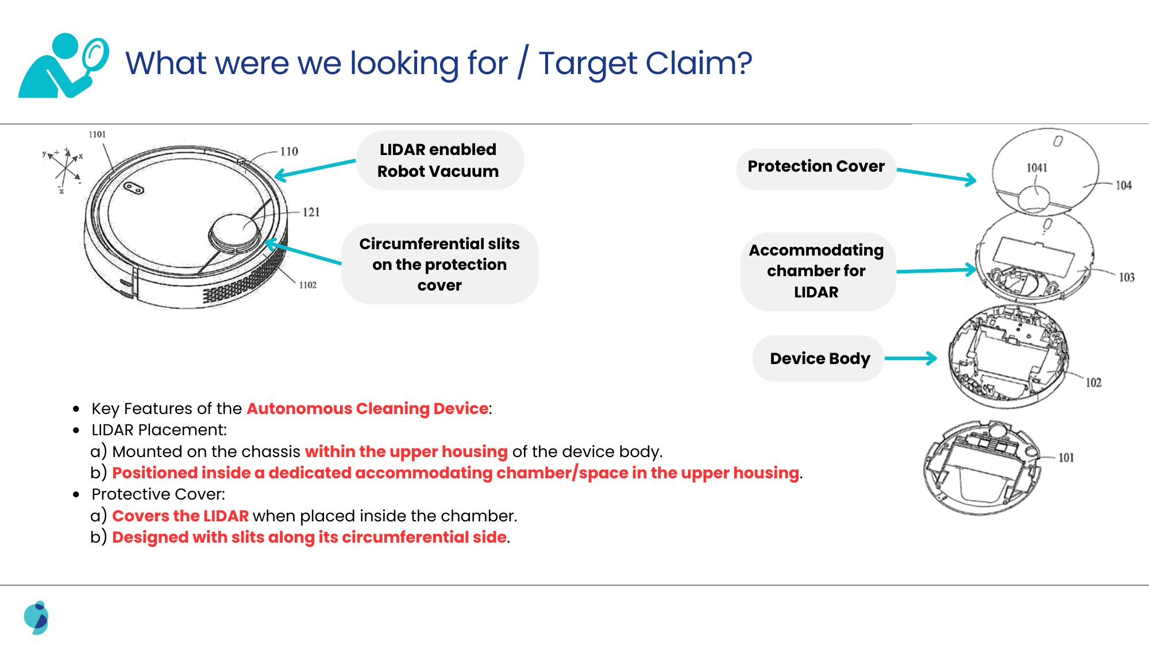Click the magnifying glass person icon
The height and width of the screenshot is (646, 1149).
coord(63,65)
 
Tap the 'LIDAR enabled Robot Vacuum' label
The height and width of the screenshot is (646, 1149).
coord(439,160)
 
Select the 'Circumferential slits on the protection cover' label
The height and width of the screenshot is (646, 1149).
coord(439,264)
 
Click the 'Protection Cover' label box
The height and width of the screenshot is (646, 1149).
coord(816,167)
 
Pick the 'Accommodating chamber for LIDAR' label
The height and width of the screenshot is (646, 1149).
coord(816,271)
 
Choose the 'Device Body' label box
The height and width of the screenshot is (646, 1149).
coord(819,358)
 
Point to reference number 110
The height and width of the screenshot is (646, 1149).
coord(289,152)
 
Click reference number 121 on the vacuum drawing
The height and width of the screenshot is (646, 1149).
coord(311,212)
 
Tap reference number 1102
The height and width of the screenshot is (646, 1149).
coord(307,285)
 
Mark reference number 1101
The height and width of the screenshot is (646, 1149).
coord(97,134)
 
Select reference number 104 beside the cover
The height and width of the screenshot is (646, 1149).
coord(1123,185)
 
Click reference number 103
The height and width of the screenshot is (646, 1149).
coord(1126,277)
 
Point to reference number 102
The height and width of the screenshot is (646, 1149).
coord(1093,382)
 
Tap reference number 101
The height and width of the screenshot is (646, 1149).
coord(1066,458)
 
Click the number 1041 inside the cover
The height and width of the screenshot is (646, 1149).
coord(1037,168)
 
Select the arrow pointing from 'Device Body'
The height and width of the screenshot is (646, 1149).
coord(911,358)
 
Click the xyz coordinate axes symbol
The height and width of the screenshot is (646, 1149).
coord(64,170)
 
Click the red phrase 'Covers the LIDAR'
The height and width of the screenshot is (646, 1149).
coord(180,516)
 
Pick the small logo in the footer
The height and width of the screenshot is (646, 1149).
coord(37,618)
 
